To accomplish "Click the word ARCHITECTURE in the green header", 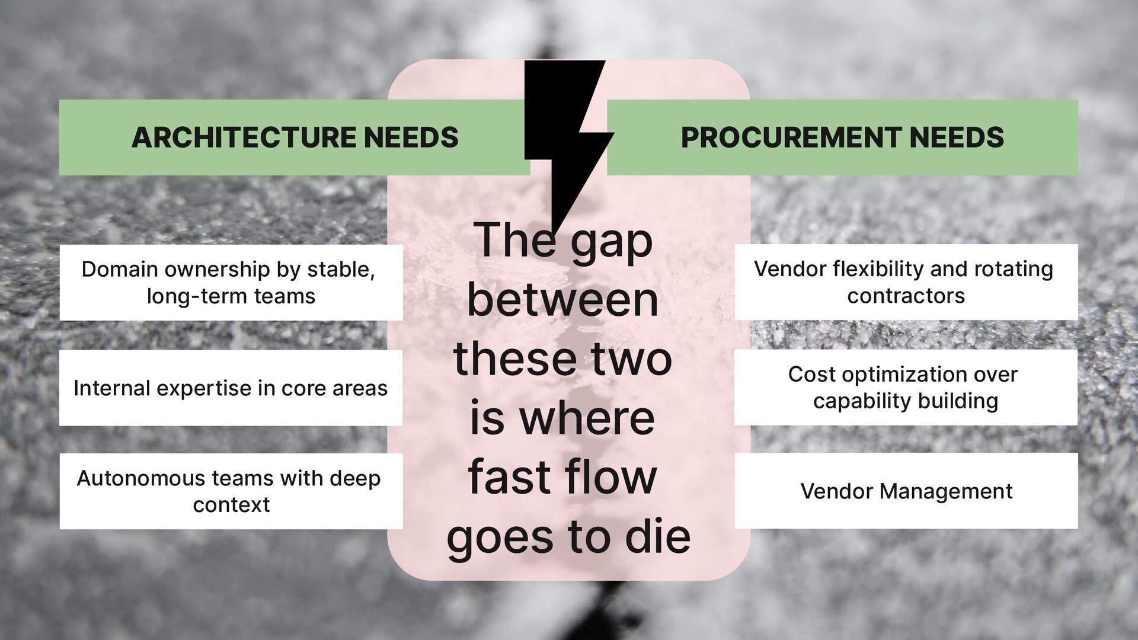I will (244, 137).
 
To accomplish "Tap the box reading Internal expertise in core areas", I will (231, 388).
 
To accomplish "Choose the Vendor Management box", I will (906, 491).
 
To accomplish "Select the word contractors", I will (906, 295).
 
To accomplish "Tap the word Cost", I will (811, 374).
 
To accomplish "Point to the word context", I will (231, 504).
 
